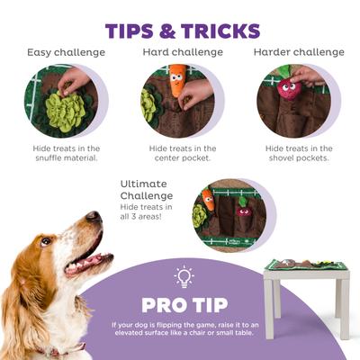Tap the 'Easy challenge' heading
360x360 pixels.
coord(66,52)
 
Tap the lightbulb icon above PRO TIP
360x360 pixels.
coord(184,276)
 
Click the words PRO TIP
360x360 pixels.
coord(184,304)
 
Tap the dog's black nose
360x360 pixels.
coord(93,217)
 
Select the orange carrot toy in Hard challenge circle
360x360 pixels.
coord(177,82)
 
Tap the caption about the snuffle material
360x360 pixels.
coord(66,154)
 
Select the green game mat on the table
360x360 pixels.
coord(306,265)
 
